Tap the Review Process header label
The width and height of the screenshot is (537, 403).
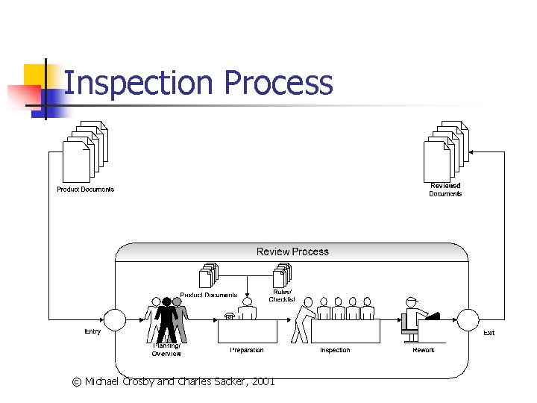click(292, 252)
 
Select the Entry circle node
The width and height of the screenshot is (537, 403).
click(114, 319)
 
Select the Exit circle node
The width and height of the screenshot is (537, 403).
click(468, 319)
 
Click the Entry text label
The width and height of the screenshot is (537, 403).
click(92, 332)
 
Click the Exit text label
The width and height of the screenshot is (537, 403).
click(489, 333)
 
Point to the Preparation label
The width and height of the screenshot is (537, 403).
click(246, 350)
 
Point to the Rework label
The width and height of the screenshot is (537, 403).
click(424, 350)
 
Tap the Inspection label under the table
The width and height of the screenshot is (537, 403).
click(335, 350)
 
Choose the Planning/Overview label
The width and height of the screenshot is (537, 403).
click(166, 349)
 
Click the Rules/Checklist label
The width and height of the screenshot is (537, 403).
click(282, 296)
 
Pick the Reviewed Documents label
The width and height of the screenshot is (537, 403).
click(445, 190)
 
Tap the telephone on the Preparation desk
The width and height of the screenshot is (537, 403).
click(230, 316)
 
